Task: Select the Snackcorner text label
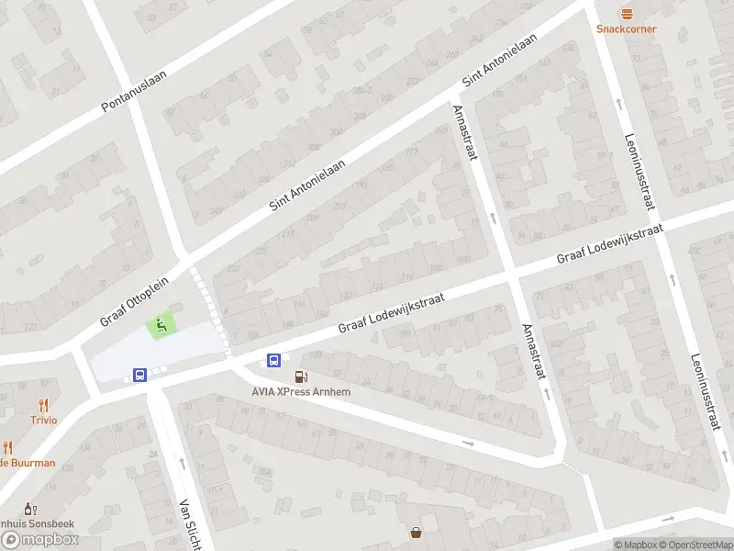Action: (x=627, y=28)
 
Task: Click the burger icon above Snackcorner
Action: (x=627, y=13)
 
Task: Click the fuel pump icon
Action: (x=300, y=377)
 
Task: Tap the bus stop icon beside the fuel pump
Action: (x=273, y=360)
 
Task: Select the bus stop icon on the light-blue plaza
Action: (x=139, y=375)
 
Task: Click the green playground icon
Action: (x=161, y=324)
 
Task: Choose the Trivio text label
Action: (x=43, y=420)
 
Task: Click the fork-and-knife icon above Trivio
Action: (x=43, y=404)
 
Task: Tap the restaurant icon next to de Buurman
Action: (x=7, y=447)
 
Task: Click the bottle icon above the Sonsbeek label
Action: (x=28, y=508)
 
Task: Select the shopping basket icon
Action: (x=417, y=532)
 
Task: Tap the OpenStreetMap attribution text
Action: (x=695, y=545)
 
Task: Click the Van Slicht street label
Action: (x=189, y=524)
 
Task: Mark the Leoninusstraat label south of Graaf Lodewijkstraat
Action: (x=705, y=393)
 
